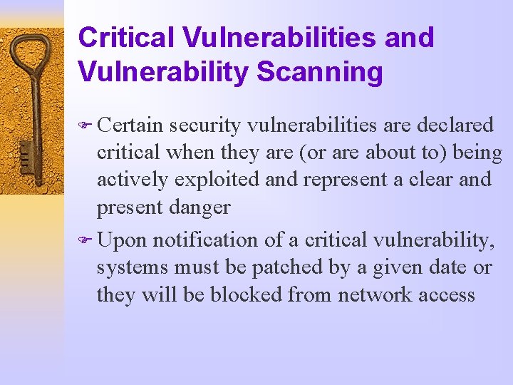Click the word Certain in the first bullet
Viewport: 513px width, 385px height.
coord(130,125)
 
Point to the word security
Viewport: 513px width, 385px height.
coord(207,125)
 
